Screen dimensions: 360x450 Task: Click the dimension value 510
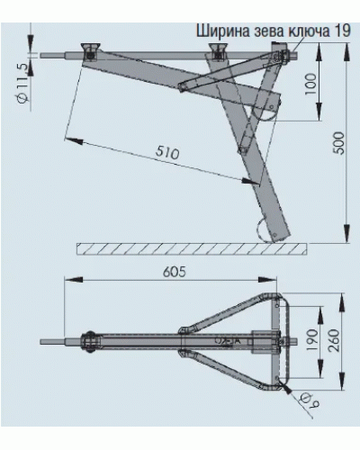[167, 153]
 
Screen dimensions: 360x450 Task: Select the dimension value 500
[339, 143]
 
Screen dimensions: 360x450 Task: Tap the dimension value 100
[310, 84]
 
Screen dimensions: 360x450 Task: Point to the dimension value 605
[175, 272]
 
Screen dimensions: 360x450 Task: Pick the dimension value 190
[312, 341]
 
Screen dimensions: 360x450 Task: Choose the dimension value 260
[334, 340]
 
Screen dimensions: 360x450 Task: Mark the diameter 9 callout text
[310, 400]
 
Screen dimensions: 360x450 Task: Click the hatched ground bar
[192, 249]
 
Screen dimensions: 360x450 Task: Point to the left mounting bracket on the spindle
[90, 51]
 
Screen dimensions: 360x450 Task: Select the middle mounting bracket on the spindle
[219, 50]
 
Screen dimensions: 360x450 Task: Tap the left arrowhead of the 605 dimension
[74, 280]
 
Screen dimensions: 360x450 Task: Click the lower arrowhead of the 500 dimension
[346, 233]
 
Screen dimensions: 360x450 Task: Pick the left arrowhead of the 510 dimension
[74, 140]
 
